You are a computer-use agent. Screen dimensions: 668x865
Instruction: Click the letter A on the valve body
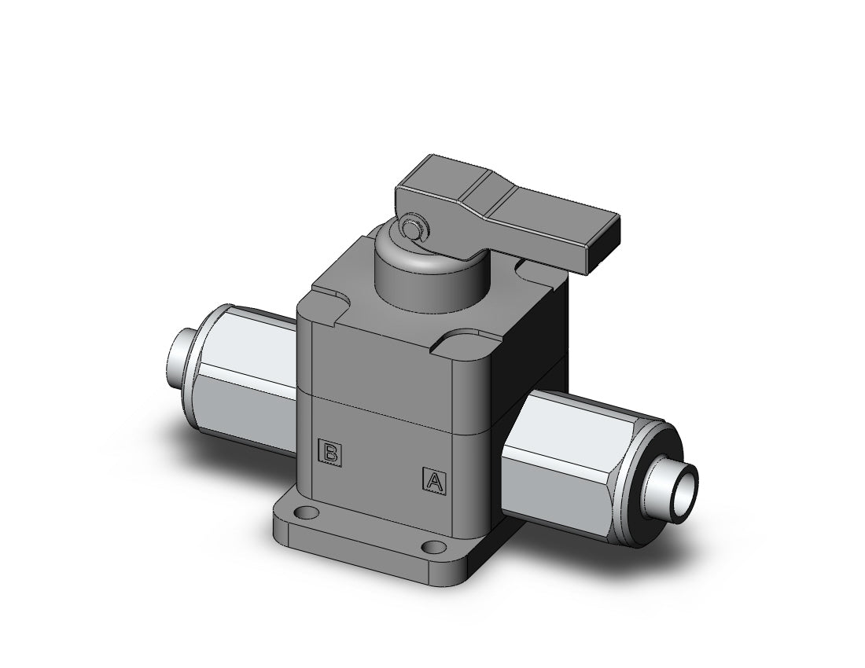point(433,479)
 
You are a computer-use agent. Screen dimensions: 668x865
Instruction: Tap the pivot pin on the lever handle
point(408,229)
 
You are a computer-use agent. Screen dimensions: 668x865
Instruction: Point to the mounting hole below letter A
point(430,547)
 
